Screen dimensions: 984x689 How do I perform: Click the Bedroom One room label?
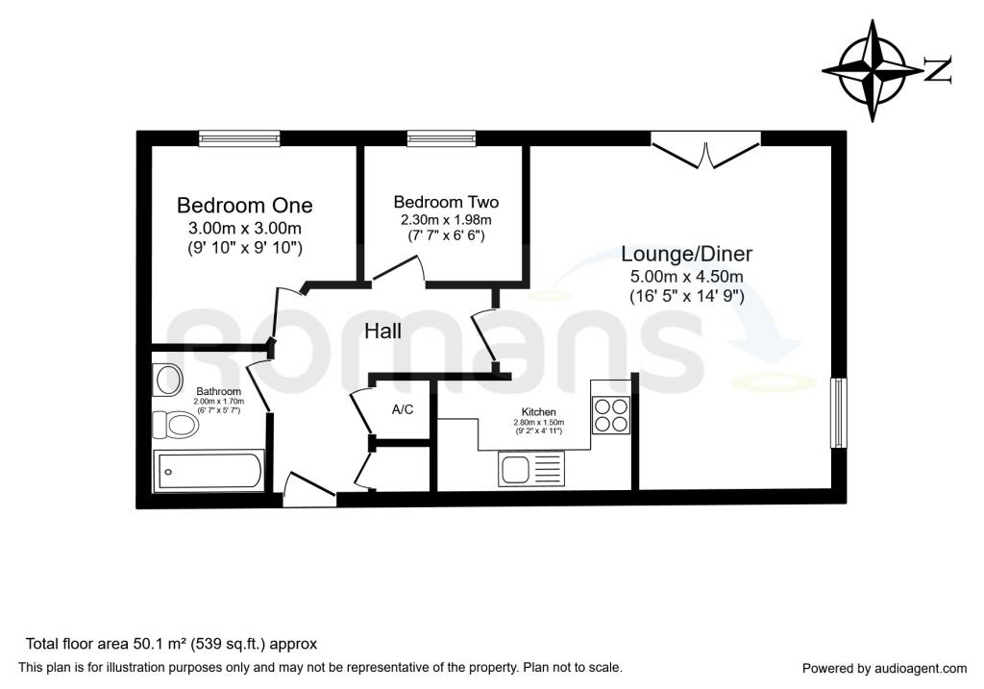pos(245,206)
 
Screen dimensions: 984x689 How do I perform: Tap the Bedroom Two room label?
pos(446,202)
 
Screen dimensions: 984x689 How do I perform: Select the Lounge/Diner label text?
pos(686,254)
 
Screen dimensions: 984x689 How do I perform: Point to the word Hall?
pos(382,331)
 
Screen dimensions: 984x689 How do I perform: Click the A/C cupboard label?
pos(403,409)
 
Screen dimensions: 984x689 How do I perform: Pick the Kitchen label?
pos(539,412)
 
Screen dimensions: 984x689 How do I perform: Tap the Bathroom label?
pos(218,391)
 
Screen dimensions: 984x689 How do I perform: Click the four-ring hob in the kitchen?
pos(610,415)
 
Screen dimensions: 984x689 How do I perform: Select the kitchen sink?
pos(530,468)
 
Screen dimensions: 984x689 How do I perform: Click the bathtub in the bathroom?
pos(209,471)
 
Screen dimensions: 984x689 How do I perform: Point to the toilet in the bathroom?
pos(176,424)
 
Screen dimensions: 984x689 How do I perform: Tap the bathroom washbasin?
pos(167,381)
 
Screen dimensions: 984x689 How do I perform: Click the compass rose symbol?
pos(872,69)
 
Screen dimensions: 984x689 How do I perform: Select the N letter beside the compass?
pos(938,69)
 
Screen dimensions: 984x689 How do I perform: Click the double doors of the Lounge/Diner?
pos(706,150)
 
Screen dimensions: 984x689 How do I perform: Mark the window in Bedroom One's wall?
pos(239,138)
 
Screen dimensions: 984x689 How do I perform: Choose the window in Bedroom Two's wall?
pos(441,138)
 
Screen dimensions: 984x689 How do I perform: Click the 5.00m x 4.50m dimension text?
pos(686,276)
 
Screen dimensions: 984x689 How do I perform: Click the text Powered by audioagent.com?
pos(885,669)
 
